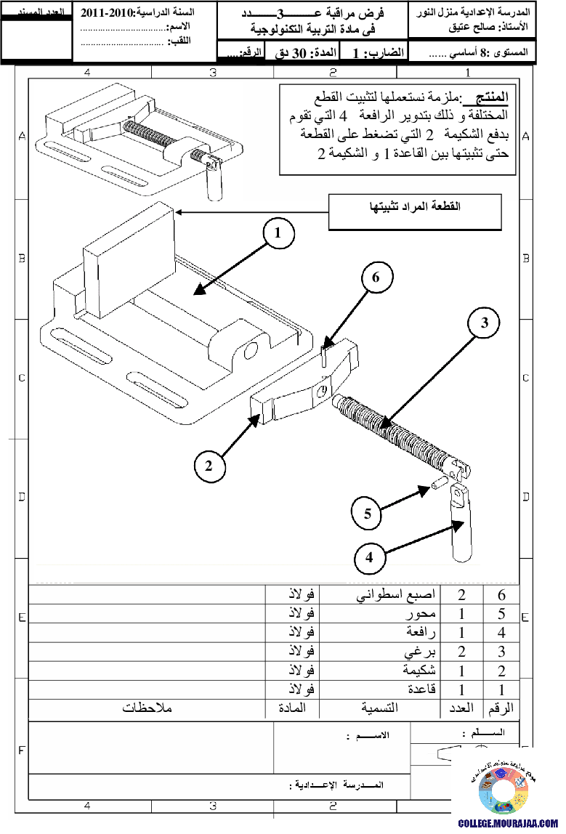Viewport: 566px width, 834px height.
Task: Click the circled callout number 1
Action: point(278,235)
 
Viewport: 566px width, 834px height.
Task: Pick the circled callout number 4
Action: point(369,558)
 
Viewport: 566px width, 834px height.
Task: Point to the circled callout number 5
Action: point(368,513)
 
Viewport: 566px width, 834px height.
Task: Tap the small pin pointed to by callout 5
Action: point(438,484)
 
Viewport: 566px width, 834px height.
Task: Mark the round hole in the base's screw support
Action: point(251,351)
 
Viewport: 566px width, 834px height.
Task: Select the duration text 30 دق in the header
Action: point(291,53)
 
